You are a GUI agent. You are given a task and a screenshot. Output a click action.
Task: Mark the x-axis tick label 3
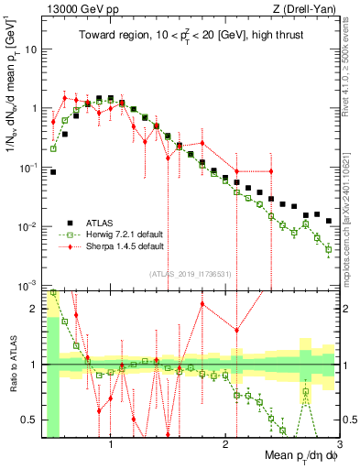(x=337, y=444)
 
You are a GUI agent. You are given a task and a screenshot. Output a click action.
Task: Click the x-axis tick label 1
(x=111, y=444)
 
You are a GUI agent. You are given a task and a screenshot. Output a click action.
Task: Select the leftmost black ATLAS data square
(x=53, y=171)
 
